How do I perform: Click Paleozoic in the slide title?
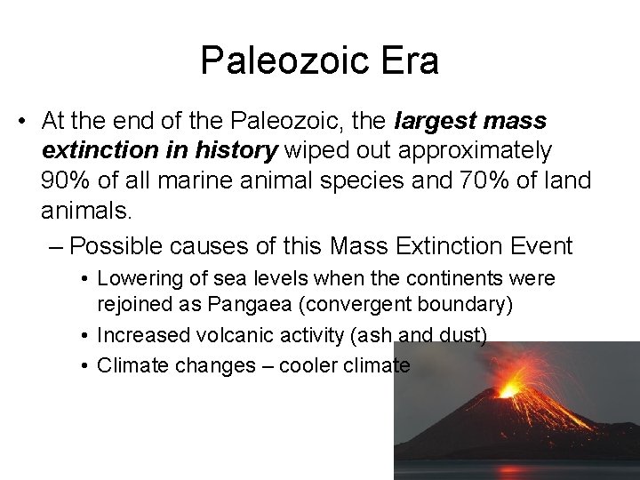[x=278, y=61]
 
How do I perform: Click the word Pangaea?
[x=251, y=305]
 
